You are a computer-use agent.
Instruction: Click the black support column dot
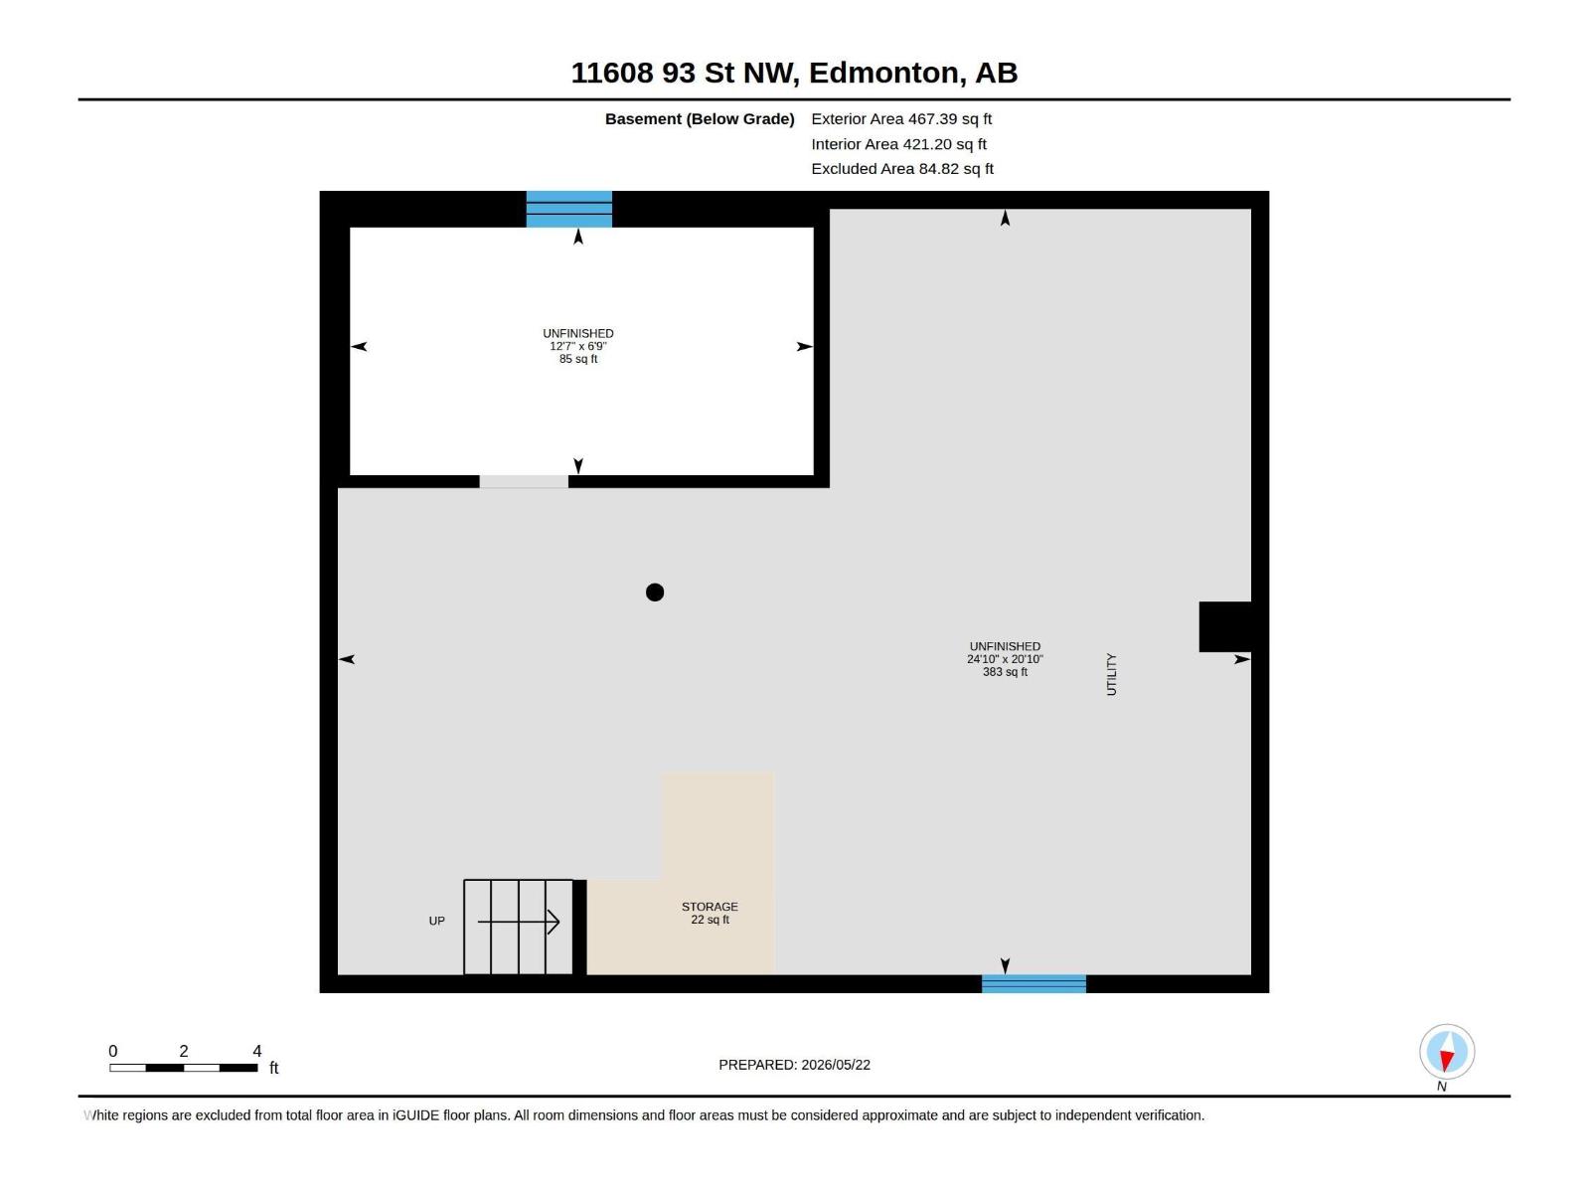pyautogui.click(x=654, y=592)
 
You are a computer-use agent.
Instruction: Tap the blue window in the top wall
pyautogui.click(x=568, y=209)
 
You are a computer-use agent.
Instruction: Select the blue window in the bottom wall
pyautogui.click(x=1033, y=983)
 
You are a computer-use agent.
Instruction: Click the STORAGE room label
pyautogui.click(x=710, y=906)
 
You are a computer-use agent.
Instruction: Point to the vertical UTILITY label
pyautogui.click(x=1111, y=674)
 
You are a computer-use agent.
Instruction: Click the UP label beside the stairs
pyautogui.click(x=436, y=921)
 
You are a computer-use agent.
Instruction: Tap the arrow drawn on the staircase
pyautogui.click(x=518, y=922)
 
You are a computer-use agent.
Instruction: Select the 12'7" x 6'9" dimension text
pyautogui.click(x=577, y=346)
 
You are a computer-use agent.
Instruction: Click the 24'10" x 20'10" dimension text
pyautogui.click(x=1004, y=659)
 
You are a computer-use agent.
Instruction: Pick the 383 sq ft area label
pyautogui.click(x=1004, y=672)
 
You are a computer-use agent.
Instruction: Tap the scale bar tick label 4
pyautogui.click(x=256, y=1050)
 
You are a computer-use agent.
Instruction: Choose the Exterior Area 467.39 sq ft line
pyautogui.click(x=900, y=118)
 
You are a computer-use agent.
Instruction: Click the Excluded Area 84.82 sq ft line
pyautogui.click(x=902, y=169)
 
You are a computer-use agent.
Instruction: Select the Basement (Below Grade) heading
pyautogui.click(x=699, y=118)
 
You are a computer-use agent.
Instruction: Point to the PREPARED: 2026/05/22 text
pyautogui.click(x=794, y=1064)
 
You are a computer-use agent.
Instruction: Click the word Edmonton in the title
pyautogui.click(x=885, y=73)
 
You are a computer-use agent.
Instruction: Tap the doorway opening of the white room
pyautogui.click(x=523, y=482)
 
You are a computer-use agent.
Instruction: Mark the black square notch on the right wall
pyautogui.click(x=1224, y=626)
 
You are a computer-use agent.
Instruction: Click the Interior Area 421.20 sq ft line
pyautogui.click(x=898, y=144)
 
